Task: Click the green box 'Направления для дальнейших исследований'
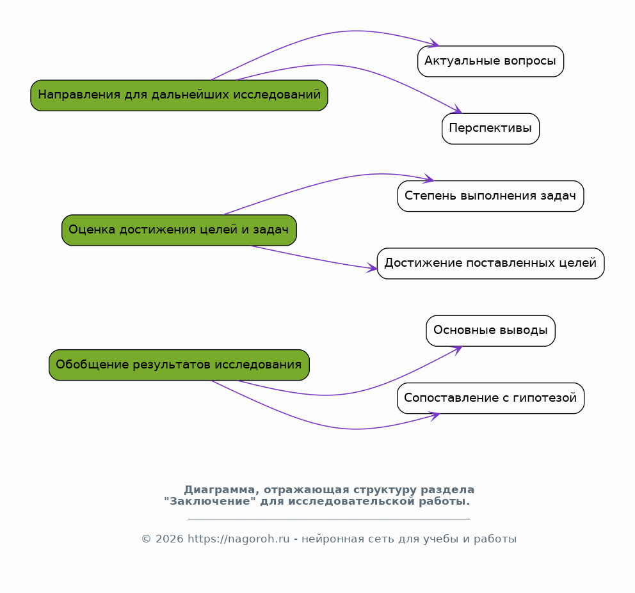tap(179, 95)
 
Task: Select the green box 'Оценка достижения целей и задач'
tap(179, 230)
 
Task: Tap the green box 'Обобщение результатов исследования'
tap(179, 365)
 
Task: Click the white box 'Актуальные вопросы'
tap(490, 61)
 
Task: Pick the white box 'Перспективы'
tap(490, 129)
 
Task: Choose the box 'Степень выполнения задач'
tap(490, 196)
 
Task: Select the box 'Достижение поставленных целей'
tap(490, 264)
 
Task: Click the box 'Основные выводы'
tap(490, 331)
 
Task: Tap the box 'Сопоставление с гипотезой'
tap(490, 399)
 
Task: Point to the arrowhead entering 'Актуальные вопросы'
tap(435, 44)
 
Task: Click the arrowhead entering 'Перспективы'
tap(458, 110)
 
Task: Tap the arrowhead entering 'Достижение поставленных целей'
tap(373, 268)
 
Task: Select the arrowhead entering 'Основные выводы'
tap(458, 349)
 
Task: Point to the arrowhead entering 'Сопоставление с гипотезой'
tap(435, 416)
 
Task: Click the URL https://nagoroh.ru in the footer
tap(239, 539)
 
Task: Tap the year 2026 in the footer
tap(169, 539)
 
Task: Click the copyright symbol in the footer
tap(146, 539)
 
